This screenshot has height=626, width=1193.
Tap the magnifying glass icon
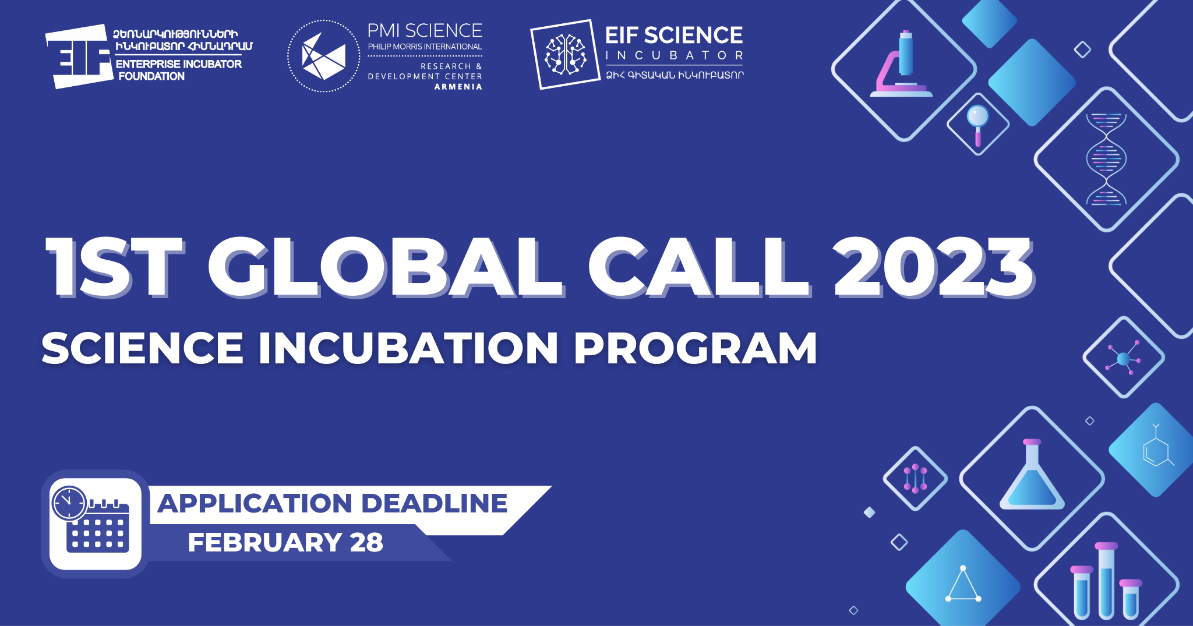978,124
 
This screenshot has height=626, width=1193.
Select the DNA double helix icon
1106,159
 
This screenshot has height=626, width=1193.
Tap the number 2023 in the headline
933,267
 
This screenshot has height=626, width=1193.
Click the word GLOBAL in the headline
385,267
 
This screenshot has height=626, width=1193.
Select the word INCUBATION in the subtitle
408,348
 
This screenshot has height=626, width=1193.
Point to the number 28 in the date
366,542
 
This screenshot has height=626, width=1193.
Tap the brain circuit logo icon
565,55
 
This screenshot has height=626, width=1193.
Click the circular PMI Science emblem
324,56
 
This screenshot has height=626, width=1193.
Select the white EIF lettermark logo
79,56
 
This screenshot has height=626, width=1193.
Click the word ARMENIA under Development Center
458,87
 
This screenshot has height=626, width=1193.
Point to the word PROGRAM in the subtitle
696,348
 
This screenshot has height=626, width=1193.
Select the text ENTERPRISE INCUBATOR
178,64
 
